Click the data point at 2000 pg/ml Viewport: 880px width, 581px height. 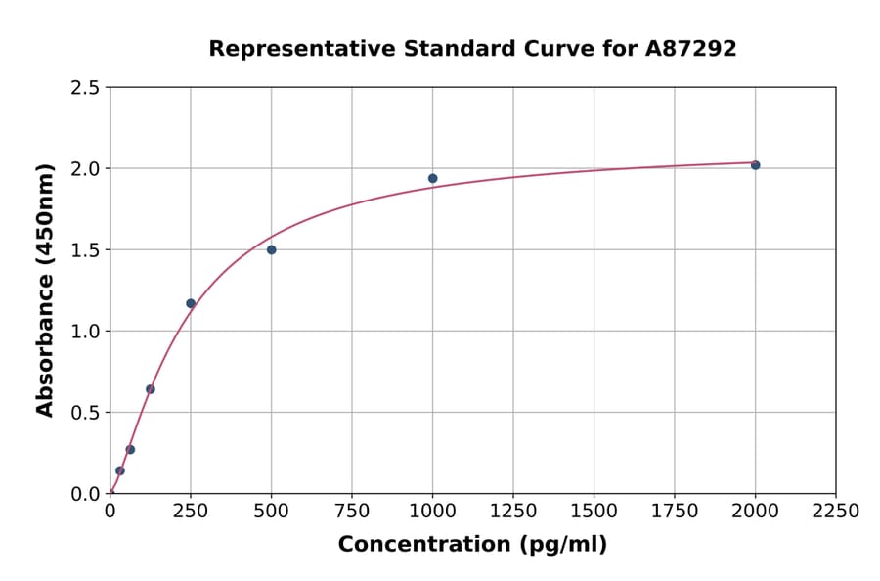tap(755, 165)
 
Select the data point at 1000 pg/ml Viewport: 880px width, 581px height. tap(432, 178)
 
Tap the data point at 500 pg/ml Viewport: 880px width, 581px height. tap(271, 249)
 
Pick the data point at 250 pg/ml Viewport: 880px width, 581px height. tap(191, 303)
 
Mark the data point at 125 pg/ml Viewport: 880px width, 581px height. tap(151, 389)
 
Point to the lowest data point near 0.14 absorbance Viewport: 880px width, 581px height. tap(120, 470)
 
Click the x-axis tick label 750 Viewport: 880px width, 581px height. tap(352, 511)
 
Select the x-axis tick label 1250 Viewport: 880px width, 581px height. tap(513, 511)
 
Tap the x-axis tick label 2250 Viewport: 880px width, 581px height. tap(836, 511)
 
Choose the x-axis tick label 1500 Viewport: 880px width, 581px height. tap(594, 511)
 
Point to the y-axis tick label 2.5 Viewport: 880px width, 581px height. tap(85, 88)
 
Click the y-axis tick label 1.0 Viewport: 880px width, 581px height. tap(85, 332)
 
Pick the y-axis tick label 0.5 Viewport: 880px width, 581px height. tap(85, 413)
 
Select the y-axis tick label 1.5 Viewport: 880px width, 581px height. tap(85, 250)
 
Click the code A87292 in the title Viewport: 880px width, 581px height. tap(689, 48)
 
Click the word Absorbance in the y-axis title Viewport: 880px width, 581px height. tap(45, 333)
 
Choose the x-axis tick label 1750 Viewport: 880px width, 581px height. tap(675, 511)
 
